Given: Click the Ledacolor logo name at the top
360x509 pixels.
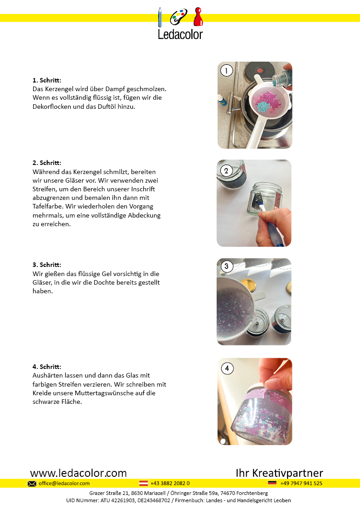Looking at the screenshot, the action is (180, 34).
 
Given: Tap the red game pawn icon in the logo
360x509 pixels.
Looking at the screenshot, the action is (198, 17).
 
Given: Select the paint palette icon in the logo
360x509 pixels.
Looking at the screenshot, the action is (179, 17).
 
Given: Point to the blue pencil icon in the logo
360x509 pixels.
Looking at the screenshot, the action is (160, 17).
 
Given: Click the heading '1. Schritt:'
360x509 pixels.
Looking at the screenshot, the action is (47, 80).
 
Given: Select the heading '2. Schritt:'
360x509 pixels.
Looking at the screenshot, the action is (47, 163).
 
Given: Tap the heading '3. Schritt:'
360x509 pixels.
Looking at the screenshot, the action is (47, 265).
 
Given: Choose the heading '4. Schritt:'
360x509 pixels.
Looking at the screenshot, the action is (47, 367).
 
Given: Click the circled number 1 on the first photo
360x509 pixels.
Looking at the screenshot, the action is (227, 70).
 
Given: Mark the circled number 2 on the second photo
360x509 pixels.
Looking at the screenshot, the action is (226, 171).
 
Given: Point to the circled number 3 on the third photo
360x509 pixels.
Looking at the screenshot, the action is (227, 266).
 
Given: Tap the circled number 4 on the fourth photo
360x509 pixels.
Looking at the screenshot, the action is (227, 368).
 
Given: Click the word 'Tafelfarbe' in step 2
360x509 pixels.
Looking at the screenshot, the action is (48, 207).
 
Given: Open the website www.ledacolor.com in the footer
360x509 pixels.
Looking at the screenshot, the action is (78, 473).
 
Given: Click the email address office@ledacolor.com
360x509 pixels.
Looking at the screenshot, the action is (64, 483).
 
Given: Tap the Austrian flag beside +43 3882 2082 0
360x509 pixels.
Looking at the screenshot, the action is (143, 483).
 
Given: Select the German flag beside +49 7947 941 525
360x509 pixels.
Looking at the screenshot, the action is (272, 483).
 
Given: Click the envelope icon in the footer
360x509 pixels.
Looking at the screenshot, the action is (32, 484).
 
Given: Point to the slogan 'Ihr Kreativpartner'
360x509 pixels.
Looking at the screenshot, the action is (279, 473).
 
